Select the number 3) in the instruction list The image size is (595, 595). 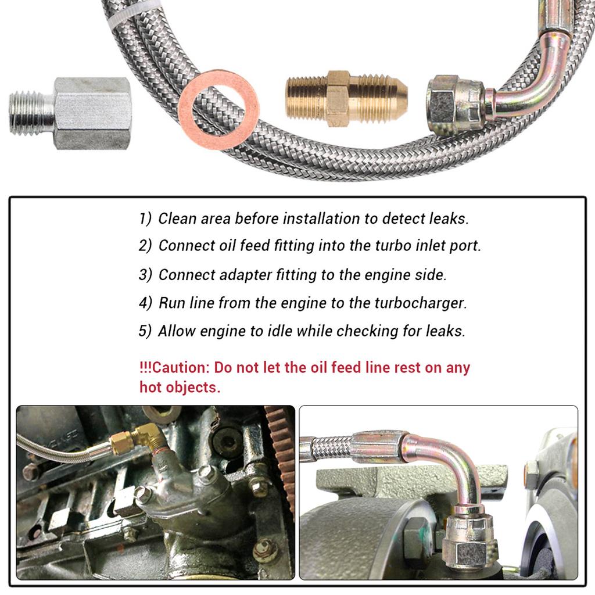[145, 274]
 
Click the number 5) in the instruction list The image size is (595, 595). [145, 331]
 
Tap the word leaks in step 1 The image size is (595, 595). [449, 218]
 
